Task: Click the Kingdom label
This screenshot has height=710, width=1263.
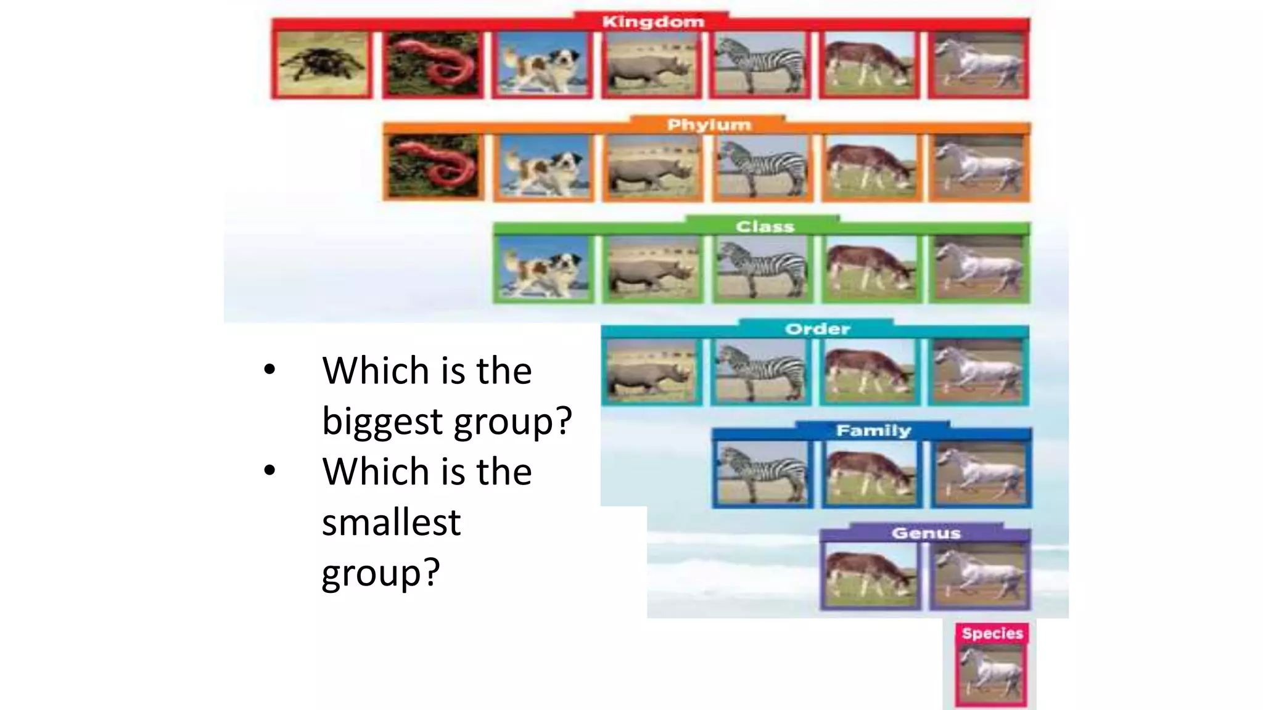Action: (x=652, y=22)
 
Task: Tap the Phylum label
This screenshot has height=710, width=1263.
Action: (x=709, y=125)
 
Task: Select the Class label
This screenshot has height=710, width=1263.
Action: (x=765, y=227)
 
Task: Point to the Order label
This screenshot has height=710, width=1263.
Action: (x=817, y=329)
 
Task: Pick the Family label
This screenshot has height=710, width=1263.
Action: (x=873, y=431)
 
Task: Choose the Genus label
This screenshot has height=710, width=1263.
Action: (x=926, y=533)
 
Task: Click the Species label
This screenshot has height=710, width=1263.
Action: (x=992, y=634)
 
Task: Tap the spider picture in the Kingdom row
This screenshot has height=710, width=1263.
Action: (x=321, y=65)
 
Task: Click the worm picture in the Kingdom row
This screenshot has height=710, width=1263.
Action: (x=432, y=65)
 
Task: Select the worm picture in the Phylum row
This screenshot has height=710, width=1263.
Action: (x=432, y=167)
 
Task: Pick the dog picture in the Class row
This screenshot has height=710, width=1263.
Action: (x=543, y=269)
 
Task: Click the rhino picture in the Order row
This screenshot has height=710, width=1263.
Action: (x=651, y=372)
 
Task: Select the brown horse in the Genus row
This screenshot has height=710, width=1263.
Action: (x=870, y=576)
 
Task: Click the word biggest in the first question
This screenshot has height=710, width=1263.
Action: (x=382, y=422)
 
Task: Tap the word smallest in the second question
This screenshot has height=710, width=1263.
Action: (x=391, y=523)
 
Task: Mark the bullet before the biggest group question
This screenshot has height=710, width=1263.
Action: (x=269, y=370)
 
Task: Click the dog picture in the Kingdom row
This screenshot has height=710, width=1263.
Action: (x=543, y=65)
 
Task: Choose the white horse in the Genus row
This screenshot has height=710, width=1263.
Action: (x=979, y=576)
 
